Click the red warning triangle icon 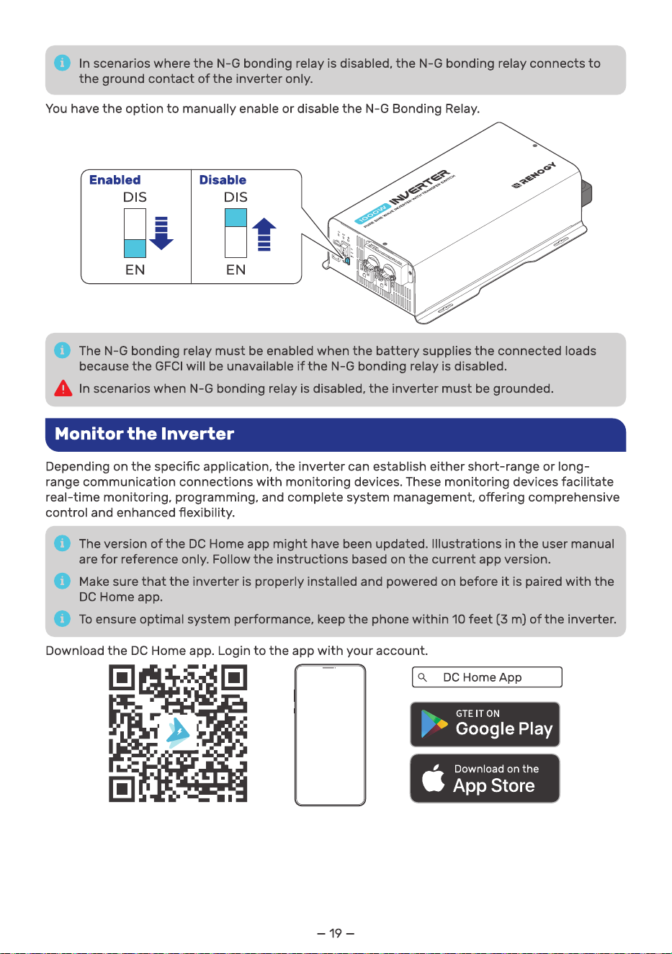coord(63,388)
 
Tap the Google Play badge coord(485,724)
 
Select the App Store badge coord(485,778)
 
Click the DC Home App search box coord(487,677)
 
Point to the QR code coord(178,733)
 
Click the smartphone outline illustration coord(330,735)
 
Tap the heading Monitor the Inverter coord(144,434)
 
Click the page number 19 coord(336,933)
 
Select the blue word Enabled coord(115,179)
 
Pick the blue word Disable coord(223,179)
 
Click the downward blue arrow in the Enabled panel coord(161,233)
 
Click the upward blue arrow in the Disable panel coord(264,234)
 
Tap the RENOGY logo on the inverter coord(534,175)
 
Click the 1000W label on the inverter coord(372,213)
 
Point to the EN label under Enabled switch coord(135,269)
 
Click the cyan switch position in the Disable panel coord(236,218)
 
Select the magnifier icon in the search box coord(422,677)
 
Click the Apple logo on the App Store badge coord(433,777)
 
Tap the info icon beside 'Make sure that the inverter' coord(62,581)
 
